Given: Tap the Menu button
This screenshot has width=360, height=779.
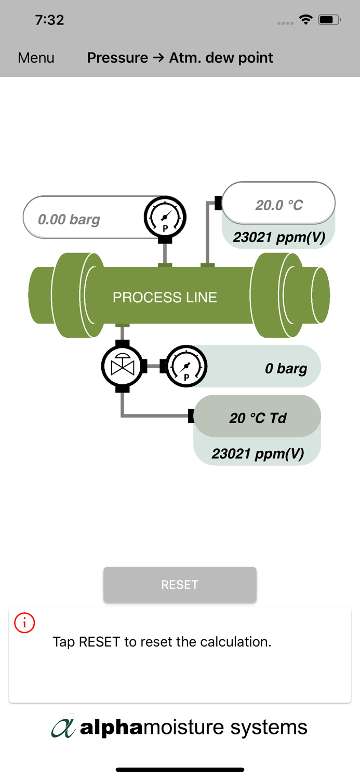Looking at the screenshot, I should tap(36, 58).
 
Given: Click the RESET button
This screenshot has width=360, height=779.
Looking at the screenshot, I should tap(180, 585).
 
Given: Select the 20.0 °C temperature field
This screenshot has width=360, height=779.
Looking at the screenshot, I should tap(278, 205).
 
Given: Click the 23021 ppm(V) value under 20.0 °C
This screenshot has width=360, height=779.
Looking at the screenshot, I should tap(278, 237).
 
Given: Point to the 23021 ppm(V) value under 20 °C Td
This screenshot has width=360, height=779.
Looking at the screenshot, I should tap(257, 453).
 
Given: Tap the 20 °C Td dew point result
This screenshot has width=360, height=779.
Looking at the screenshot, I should tap(258, 418).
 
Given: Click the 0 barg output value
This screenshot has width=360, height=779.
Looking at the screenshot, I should tap(285, 368).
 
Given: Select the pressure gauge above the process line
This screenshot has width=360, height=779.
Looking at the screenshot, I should tap(165, 217).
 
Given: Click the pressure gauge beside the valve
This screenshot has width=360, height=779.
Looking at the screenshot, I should tap(186, 367).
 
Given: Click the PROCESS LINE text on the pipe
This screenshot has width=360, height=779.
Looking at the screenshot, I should tap(165, 297).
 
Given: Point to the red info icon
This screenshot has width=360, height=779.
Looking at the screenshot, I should tap(24, 623).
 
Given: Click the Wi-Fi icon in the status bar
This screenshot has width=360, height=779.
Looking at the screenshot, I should tap(305, 20).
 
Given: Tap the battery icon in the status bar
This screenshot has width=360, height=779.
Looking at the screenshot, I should tap(329, 20).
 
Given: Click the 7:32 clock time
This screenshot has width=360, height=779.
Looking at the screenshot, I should tap(49, 20).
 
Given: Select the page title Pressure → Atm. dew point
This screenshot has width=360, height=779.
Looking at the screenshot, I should tap(180, 58).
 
